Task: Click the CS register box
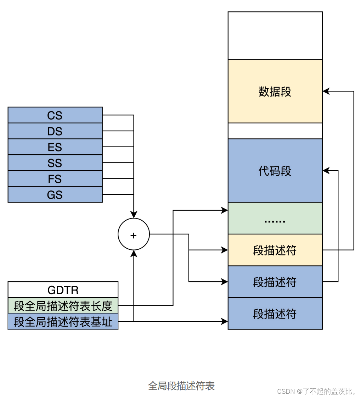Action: point(55,115)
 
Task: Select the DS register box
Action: point(55,131)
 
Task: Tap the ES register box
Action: point(55,147)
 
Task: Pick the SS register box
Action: point(55,163)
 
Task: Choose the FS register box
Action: point(55,179)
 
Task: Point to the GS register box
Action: point(55,195)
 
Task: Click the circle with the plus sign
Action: point(134,234)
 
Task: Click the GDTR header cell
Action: point(63,290)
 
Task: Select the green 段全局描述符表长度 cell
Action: point(63,305)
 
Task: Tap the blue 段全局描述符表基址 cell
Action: point(63,321)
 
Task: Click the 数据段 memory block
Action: point(275,92)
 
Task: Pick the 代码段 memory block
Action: point(275,171)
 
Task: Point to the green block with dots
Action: point(275,219)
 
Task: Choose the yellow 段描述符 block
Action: point(275,250)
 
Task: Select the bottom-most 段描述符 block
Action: point(275,314)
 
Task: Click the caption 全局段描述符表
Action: point(181,386)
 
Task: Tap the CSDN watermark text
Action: point(316,391)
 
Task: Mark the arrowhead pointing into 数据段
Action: point(325,92)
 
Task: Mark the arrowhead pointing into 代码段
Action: point(325,171)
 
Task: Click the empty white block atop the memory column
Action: point(275,36)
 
